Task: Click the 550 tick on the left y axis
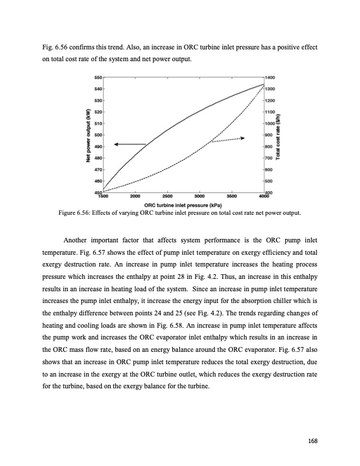coord(98,78)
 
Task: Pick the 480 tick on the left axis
coord(98,158)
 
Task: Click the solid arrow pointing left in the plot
coord(129,144)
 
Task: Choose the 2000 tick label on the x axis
coord(135,196)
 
